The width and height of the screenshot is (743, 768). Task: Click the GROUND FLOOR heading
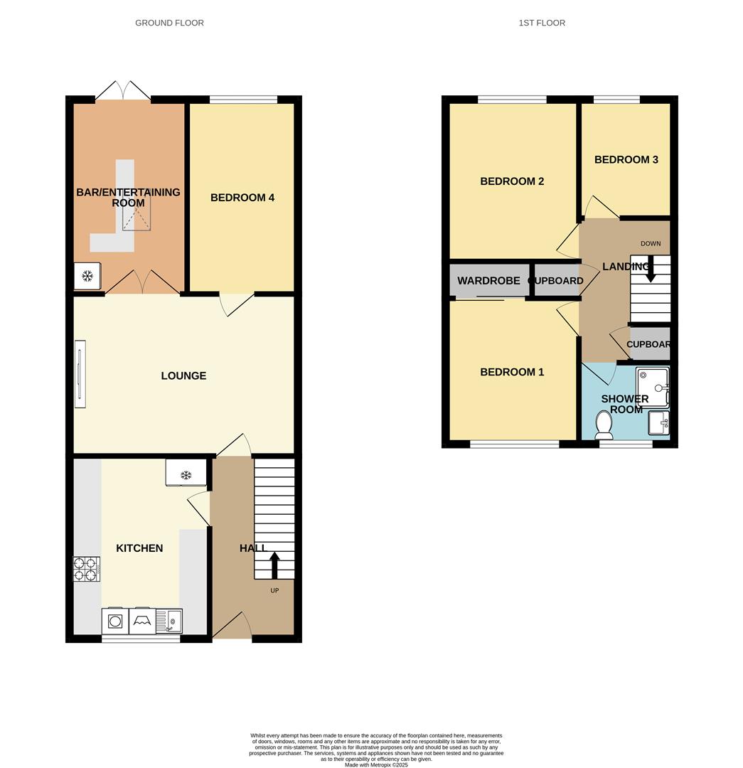[x=169, y=23]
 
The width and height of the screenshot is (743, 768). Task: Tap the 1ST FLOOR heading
[x=542, y=23]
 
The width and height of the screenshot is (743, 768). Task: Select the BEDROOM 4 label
[x=242, y=198]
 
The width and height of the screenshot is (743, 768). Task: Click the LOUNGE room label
[x=183, y=375]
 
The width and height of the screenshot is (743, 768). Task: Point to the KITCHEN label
[x=139, y=548]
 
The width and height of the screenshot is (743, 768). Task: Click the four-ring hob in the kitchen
[x=87, y=569]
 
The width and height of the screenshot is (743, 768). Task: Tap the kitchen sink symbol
[x=169, y=621]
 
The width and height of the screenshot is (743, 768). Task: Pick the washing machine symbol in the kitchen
[x=115, y=621]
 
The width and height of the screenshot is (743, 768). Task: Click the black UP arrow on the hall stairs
[x=274, y=565]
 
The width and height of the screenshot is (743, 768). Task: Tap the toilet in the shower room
[x=604, y=425]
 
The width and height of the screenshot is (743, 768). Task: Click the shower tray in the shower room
[x=653, y=388]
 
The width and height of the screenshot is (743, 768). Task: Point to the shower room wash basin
[x=659, y=422]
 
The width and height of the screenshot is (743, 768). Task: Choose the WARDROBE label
[x=488, y=281]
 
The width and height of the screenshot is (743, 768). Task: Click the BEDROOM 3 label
[x=626, y=159]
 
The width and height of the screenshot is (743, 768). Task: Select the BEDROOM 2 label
[x=512, y=181]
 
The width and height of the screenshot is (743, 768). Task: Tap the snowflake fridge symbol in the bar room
[x=87, y=276]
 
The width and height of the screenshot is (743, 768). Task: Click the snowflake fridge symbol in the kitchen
[x=186, y=474]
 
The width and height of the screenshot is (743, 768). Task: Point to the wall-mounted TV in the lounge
[x=80, y=374]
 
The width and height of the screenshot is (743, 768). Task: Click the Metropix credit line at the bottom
[x=376, y=764]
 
